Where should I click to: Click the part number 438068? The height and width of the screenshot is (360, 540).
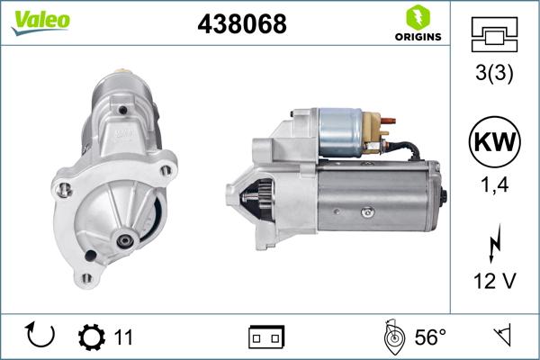click(x=241, y=25)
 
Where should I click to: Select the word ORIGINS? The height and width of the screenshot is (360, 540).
click(x=417, y=37)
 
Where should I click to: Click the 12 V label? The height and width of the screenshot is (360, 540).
click(x=495, y=282)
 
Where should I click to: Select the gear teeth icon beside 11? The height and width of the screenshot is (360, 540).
click(x=92, y=337)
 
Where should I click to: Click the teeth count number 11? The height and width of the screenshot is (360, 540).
click(x=124, y=337)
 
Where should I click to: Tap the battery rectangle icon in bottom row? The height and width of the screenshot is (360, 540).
click(x=266, y=337)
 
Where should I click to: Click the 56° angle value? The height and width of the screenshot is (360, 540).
click(x=430, y=337)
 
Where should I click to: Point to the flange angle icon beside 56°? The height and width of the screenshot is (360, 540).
click(x=392, y=337)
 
